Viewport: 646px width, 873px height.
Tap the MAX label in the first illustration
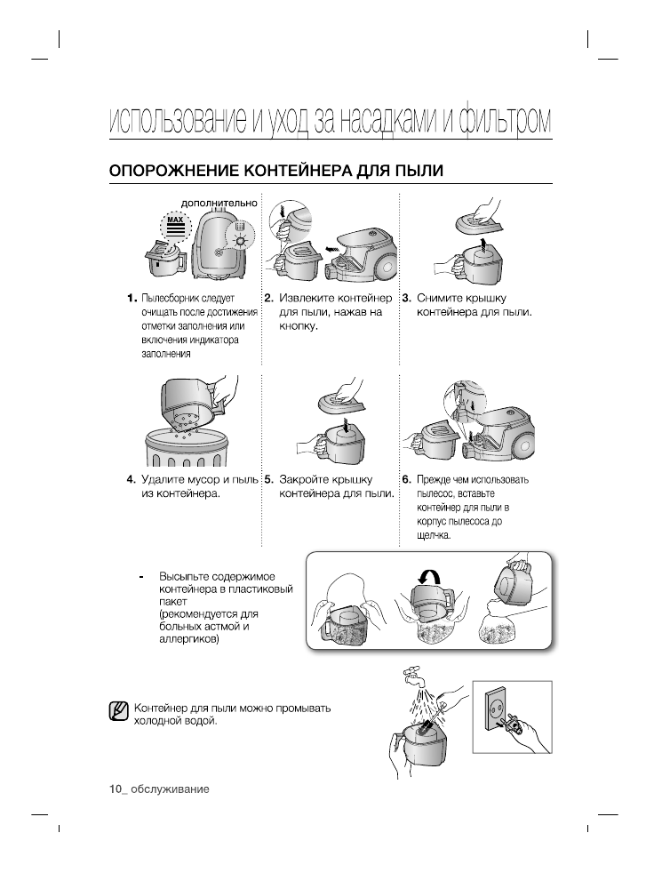(x=175, y=219)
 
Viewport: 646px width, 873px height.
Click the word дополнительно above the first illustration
(x=219, y=202)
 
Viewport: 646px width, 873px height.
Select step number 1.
(x=131, y=298)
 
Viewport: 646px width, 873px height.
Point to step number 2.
(x=268, y=298)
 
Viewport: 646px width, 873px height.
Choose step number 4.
(x=131, y=479)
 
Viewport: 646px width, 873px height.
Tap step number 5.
(x=268, y=479)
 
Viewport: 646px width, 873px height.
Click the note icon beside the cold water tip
(x=117, y=713)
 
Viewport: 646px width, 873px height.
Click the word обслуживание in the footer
(x=169, y=789)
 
